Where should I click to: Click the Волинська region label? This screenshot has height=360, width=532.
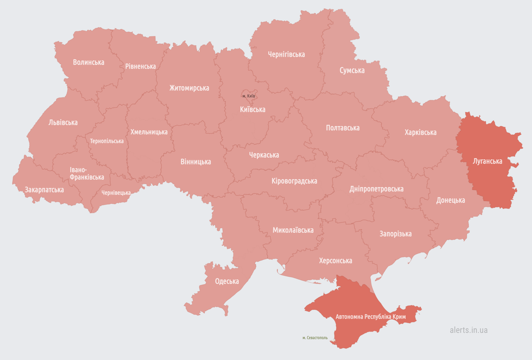coord(88,62)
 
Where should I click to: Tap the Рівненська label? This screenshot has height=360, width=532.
coord(140,66)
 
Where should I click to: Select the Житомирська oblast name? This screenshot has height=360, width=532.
coord(189,88)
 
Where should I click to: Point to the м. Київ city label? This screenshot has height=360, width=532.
coord(249,96)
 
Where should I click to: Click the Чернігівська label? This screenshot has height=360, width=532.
coord(286,54)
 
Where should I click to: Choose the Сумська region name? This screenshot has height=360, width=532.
coord(352,70)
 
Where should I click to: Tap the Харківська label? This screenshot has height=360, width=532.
coord(420,132)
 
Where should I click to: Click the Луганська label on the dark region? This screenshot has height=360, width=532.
coord(487,161)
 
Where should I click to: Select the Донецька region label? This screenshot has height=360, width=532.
coord(450,200)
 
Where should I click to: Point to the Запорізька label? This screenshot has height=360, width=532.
coord(395,234)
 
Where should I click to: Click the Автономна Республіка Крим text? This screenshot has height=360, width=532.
coord(371,316)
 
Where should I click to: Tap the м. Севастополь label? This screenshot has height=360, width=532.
coord(315,338)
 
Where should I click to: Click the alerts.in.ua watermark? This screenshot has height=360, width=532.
coord(468,330)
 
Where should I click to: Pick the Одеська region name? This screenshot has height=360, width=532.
coord(227,281)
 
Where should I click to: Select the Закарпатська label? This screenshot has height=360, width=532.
coord(44,190)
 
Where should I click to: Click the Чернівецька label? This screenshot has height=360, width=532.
coord(116,193)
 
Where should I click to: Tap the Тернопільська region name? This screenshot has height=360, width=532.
coord(107,141)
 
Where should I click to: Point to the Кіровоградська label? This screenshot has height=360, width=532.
coord(294,181)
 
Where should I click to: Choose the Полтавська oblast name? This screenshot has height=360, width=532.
coord(343,128)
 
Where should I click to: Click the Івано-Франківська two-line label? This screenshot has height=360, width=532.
coord(87,174)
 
